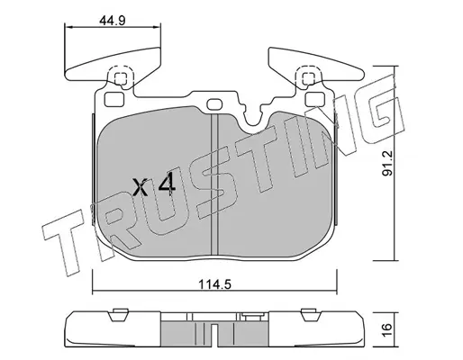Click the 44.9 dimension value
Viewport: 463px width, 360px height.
point(112,21)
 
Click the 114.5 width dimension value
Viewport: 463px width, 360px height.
point(214,284)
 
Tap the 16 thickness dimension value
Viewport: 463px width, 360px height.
point(387,330)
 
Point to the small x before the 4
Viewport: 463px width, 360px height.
point(141,187)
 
